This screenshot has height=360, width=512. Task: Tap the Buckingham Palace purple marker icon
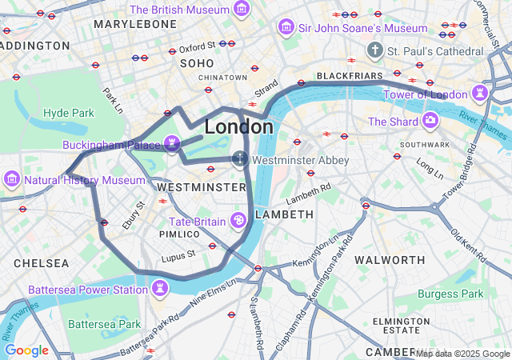171,144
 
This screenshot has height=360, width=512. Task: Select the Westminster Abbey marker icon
240,159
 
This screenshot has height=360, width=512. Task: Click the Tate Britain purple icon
238,221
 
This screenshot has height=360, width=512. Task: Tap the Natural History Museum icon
13,179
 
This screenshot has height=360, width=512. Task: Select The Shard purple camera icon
431,121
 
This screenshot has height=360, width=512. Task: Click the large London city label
238,126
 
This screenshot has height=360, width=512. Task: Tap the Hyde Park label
69,113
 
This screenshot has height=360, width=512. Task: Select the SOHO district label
197,62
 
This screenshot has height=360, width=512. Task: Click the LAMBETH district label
284,214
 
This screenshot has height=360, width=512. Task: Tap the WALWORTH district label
390,260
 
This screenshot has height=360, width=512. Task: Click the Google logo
26,350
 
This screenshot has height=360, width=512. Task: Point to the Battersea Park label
104,324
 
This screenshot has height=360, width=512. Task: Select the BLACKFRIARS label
350,76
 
